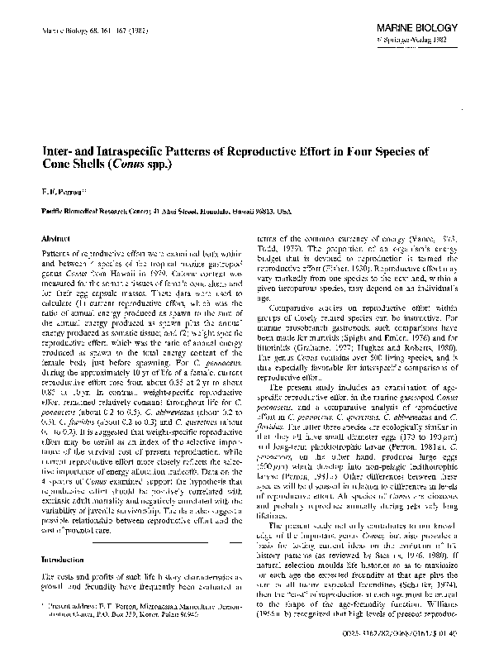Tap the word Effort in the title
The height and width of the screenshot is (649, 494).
point(359,151)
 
